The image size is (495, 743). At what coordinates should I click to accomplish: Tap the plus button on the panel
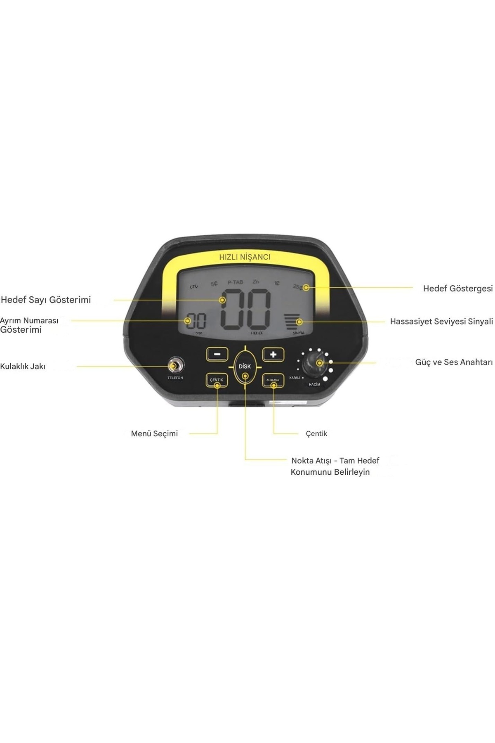[x=273, y=354]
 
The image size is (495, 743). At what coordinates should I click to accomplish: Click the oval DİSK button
[x=245, y=367]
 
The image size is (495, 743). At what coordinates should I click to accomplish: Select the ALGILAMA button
[x=273, y=380]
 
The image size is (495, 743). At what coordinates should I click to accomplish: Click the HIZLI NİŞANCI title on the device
[x=245, y=257]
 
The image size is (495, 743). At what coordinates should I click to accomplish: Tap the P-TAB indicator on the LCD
[x=235, y=283]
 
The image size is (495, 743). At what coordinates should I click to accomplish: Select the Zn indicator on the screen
[x=256, y=282]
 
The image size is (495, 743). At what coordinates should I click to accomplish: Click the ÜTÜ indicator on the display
[x=193, y=286]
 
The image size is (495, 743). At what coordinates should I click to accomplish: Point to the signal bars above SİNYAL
[x=292, y=321]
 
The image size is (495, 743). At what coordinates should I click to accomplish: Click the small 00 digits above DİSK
[x=196, y=321]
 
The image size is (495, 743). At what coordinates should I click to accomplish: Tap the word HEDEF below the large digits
[x=257, y=333]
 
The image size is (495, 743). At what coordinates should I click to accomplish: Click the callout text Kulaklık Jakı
[x=23, y=367]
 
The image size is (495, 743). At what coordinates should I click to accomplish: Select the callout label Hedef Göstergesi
[x=457, y=289]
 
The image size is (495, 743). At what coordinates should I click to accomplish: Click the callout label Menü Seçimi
[x=154, y=434]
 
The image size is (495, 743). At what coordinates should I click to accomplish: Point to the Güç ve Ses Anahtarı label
[x=454, y=362]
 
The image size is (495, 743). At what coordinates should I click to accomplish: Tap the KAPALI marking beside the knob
[x=295, y=378]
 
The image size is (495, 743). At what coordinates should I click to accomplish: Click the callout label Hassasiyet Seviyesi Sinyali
[x=441, y=322]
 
